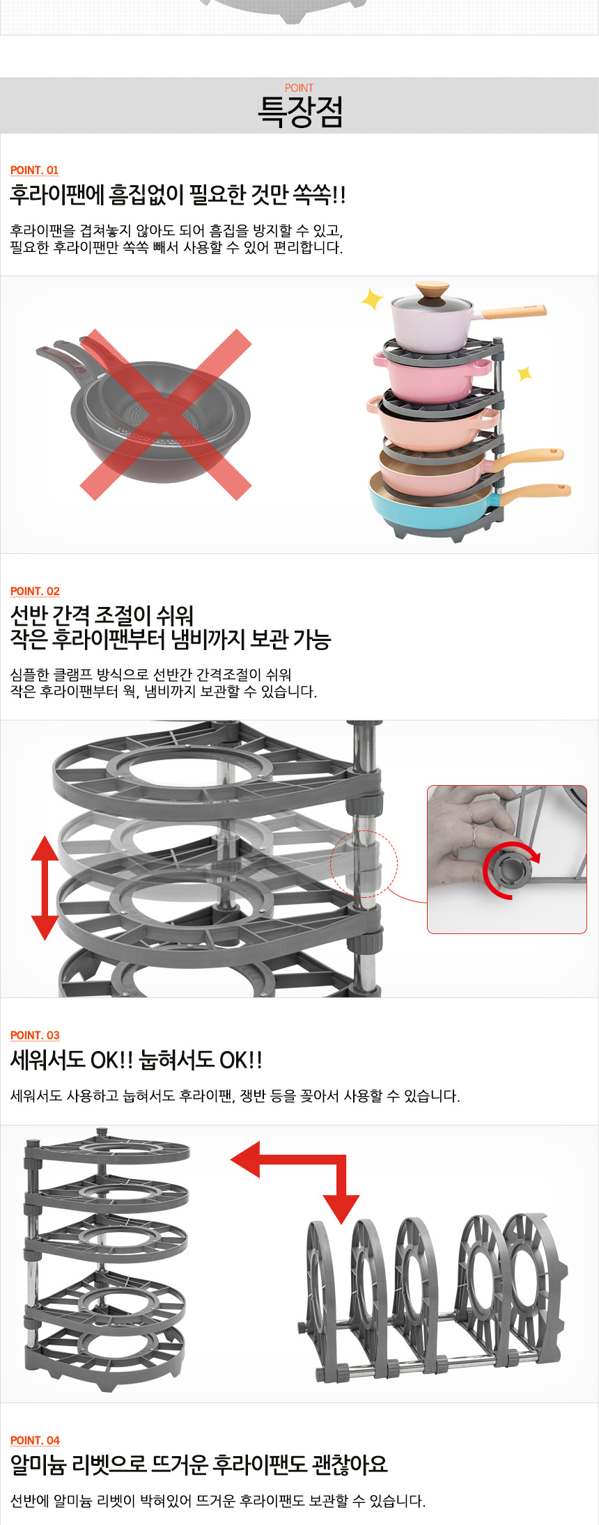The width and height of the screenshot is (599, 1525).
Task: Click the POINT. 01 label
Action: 34,170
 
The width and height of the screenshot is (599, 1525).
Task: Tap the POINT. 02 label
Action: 35,591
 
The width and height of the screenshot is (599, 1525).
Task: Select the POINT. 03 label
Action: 35,1035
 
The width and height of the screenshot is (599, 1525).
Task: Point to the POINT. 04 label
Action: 35,1440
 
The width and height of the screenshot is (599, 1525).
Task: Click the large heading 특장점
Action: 300,111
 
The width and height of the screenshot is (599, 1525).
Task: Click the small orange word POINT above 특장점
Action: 299,88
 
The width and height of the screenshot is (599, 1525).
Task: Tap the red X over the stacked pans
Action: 165,414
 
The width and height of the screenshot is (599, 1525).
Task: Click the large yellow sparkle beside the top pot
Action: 372,299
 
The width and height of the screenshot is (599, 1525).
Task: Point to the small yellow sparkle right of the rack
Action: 524,374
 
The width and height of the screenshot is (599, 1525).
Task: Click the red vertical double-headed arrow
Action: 45,887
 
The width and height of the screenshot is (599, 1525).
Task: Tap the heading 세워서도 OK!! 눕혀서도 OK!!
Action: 137,1060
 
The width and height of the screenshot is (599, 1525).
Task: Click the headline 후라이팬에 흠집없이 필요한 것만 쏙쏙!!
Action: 178,195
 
